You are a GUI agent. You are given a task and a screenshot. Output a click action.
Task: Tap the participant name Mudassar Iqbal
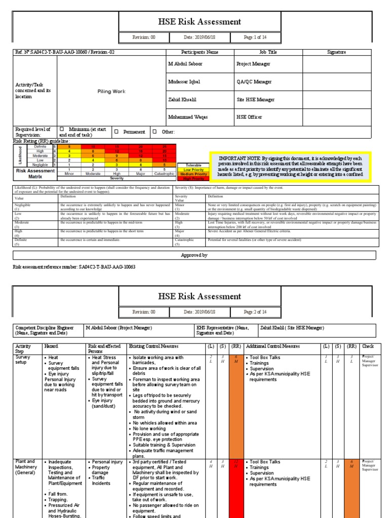coord(184,81)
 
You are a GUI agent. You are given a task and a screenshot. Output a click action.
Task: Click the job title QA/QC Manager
coord(254,81)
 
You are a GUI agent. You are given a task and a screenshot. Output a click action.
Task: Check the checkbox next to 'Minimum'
coord(62,129)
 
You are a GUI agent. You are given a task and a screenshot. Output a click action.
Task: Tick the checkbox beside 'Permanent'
coord(116,132)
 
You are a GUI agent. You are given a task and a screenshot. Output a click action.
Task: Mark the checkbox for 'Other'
coord(158,132)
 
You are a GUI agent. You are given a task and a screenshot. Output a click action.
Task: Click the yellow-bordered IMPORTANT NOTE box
coord(290,166)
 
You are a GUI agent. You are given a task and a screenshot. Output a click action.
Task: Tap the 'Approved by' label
coord(194,255)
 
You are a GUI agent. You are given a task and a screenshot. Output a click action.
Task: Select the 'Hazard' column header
coord(51,347)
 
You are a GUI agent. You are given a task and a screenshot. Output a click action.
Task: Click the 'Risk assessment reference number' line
coord(74,267)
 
